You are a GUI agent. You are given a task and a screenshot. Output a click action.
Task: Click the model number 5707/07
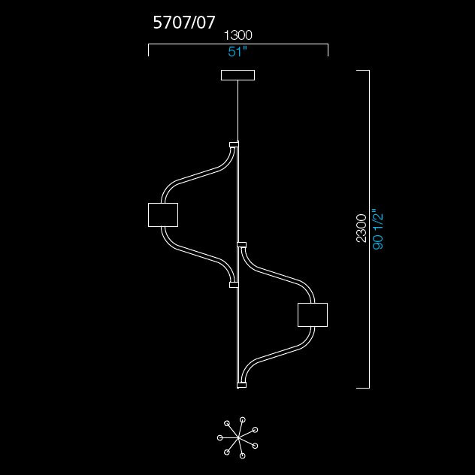tap(184, 23)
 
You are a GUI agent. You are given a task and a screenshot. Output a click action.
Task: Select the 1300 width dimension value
tap(237, 35)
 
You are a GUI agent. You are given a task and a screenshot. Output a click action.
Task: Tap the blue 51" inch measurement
tap(237, 52)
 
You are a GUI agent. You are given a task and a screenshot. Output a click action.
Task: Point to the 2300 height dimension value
tap(361, 228)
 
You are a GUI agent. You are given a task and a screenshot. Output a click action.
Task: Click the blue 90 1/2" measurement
tap(378, 228)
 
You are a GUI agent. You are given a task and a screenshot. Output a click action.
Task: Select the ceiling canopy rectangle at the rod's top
tap(237, 75)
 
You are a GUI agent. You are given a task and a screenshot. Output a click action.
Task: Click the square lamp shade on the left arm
tap(163, 215)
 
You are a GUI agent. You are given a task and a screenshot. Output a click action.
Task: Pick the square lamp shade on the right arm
tap(313, 315)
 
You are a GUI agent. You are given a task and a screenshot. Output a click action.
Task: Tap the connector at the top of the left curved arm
tap(234, 144)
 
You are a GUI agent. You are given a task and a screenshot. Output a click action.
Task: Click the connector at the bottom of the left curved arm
tap(234, 285)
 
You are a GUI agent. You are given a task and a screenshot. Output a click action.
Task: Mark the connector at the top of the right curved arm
tap(242, 245)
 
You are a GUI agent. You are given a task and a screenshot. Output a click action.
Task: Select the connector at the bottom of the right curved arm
tap(242, 385)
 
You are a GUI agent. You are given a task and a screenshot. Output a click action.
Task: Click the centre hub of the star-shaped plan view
tap(239, 437)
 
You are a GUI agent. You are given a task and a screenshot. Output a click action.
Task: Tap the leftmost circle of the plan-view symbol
tap(220, 437)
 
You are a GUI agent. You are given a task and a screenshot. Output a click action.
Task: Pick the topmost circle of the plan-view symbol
tap(242, 419)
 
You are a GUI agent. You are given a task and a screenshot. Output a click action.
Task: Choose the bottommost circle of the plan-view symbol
tap(242, 455)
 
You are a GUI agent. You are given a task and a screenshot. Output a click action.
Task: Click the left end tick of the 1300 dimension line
tap(149, 50)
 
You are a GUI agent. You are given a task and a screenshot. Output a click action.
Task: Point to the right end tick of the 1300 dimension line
tap(328, 50)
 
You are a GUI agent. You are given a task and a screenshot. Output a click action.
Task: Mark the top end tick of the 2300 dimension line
tap(362, 71)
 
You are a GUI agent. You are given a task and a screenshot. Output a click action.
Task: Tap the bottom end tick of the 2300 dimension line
tap(362, 388)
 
